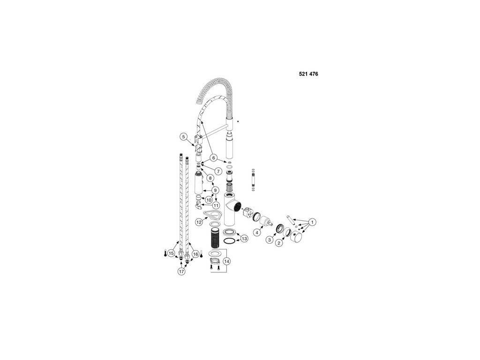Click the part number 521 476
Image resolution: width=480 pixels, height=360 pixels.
(308, 74)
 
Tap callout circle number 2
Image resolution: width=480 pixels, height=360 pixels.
(279, 243)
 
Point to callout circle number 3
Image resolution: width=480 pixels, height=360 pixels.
(270, 240)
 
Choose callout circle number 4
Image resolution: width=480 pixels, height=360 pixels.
(257, 232)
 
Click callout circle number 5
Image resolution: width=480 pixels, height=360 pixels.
(184, 137)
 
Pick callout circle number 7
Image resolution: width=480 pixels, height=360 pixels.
(218, 171)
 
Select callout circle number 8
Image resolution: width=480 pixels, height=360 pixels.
(211, 178)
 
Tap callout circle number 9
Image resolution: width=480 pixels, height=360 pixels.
(215, 190)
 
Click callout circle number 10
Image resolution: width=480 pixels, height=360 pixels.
(209, 200)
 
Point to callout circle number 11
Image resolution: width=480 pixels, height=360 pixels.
(216, 205)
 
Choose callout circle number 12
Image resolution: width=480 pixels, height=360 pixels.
(199, 221)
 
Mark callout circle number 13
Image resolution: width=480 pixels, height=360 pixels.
(244, 239)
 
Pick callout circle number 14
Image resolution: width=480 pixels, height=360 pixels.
(227, 261)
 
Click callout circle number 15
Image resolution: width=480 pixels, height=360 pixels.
(172, 254)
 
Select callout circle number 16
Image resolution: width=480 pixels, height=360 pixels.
(195, 254)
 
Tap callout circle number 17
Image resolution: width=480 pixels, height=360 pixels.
(181, 271)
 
